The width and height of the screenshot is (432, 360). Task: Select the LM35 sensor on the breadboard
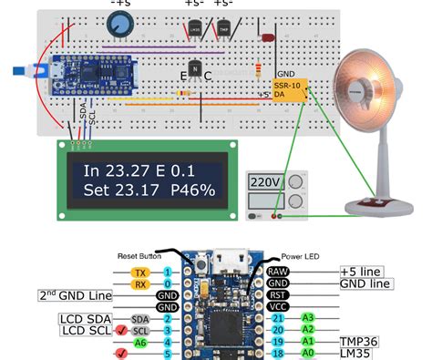195,30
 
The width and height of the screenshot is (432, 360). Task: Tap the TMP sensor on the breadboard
223,30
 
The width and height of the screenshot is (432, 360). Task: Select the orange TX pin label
139,273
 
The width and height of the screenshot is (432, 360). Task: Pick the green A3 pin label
307,319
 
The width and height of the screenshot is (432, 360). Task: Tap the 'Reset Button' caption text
145,256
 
